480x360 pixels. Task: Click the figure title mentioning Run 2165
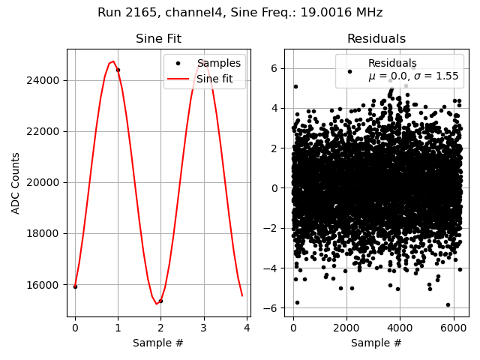coord(240,13)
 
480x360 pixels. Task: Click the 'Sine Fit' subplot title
coord(158,39)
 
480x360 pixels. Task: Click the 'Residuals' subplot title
coord(376,39)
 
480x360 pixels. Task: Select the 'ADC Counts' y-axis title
coord(16,183)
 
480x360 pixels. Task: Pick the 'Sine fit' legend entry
coord(218,78)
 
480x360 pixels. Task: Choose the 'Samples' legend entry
coord(218,63)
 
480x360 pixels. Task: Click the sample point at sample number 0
coord(75,286)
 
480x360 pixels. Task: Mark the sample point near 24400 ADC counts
coord(118,70)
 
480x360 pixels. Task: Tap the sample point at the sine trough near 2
coord(160,301)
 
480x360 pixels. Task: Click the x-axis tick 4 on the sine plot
coord(246,328)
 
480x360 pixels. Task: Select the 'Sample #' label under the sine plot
coord(158,343)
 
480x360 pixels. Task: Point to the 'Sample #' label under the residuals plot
coord(376,343)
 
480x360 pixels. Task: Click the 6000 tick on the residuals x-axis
coord(452,328)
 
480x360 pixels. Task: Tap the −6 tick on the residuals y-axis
coord(274,308)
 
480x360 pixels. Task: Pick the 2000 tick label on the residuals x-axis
coord(346,328)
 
